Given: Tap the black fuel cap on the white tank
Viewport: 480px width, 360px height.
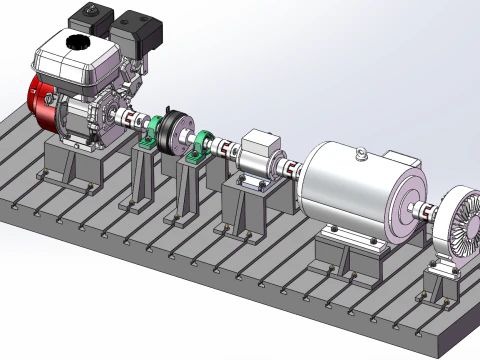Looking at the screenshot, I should [76, 42].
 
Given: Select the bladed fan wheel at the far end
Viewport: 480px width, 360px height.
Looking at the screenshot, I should [461, 225].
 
